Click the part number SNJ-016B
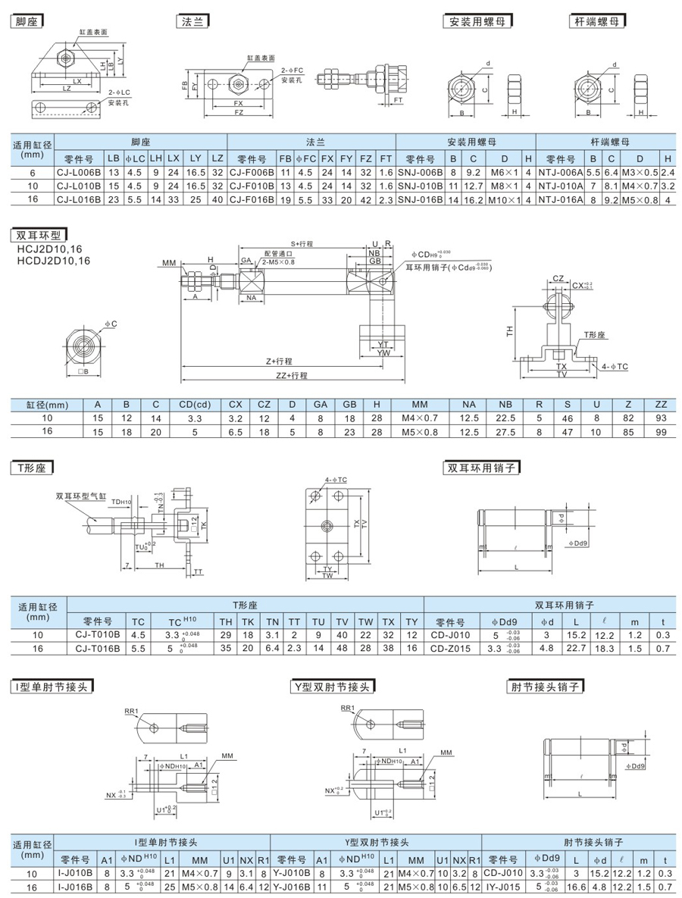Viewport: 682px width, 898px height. [x=420, y=199]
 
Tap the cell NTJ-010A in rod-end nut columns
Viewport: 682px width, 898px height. [x=561, y=186]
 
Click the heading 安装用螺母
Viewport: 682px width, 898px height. [x=477, y=22]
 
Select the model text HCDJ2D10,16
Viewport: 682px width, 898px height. [x=52, y=261]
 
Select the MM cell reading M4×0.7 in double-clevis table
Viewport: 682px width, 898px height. [x=421, y=418]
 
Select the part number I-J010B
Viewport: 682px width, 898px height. [x=76, y=873]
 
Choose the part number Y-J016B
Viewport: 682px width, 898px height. [x=291, y=886]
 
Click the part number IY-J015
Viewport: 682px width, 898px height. [x=502, y=886]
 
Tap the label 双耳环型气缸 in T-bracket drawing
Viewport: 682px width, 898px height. [x=81, y=497]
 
